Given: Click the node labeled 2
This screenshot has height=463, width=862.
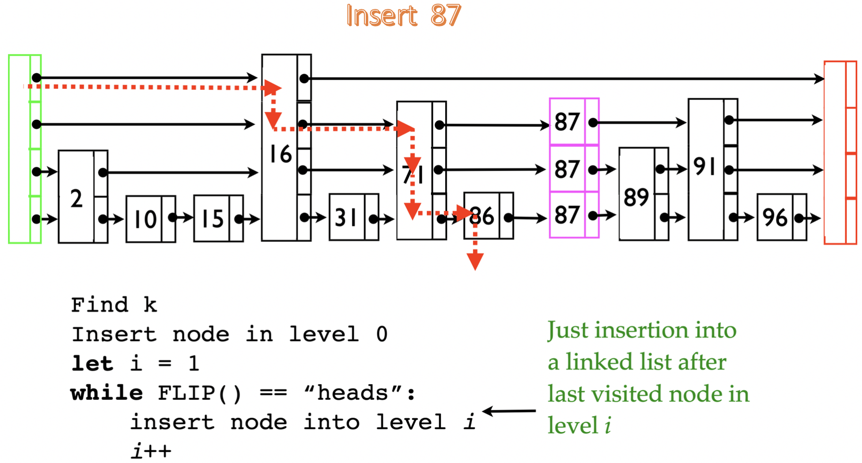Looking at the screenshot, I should [77, 198].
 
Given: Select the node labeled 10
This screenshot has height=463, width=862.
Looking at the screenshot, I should [145, 219].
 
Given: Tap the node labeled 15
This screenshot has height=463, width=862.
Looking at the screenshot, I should [212, 219].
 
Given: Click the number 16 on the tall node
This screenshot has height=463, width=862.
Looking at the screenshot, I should [280, 154].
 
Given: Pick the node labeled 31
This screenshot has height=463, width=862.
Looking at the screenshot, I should [346, 217].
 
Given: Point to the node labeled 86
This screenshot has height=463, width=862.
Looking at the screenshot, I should [482, 216].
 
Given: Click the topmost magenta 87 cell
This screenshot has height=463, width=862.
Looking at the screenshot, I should [567, 122].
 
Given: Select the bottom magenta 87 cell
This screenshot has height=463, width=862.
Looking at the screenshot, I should [567, 215].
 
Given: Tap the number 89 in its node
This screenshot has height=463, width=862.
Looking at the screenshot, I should [636, 197].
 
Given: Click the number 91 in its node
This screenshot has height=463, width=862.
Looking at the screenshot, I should [704, 166].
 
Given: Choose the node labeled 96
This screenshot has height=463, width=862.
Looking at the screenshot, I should [775, 218].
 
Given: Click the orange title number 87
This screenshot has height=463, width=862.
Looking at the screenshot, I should [445, 16].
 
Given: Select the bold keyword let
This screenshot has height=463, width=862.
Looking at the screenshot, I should [92, 364].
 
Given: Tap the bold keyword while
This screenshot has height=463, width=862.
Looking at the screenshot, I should [107, 393].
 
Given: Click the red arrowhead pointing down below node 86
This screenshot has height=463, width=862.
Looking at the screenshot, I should [475, 261].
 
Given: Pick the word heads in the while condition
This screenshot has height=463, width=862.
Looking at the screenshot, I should [353, 393].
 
